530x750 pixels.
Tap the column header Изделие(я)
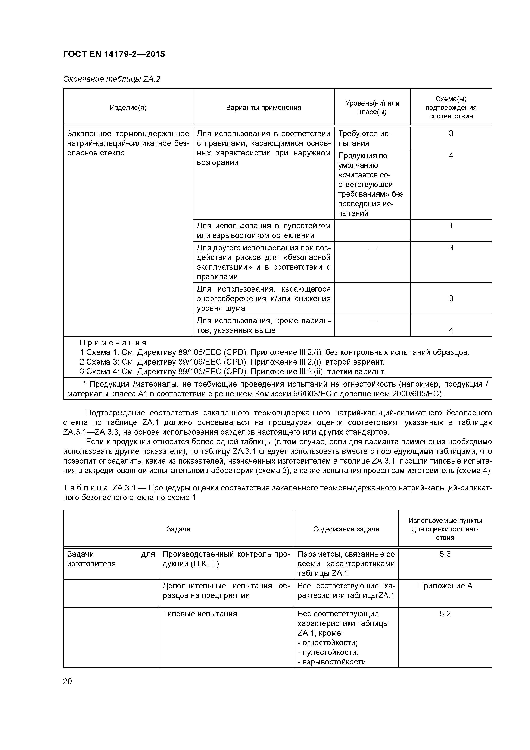(128, 108)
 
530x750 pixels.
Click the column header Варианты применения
(264, 108)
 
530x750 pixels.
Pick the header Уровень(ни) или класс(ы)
(372, 108)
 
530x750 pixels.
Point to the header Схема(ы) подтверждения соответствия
(451, 108)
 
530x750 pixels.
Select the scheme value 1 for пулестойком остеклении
(451, 226)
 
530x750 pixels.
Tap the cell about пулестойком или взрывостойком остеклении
(263, 231)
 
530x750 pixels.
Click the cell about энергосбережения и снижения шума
(263, 298)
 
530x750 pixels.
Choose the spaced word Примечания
(113, 343)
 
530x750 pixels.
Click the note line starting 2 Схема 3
(232, 362)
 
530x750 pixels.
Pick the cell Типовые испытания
(200, 614)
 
